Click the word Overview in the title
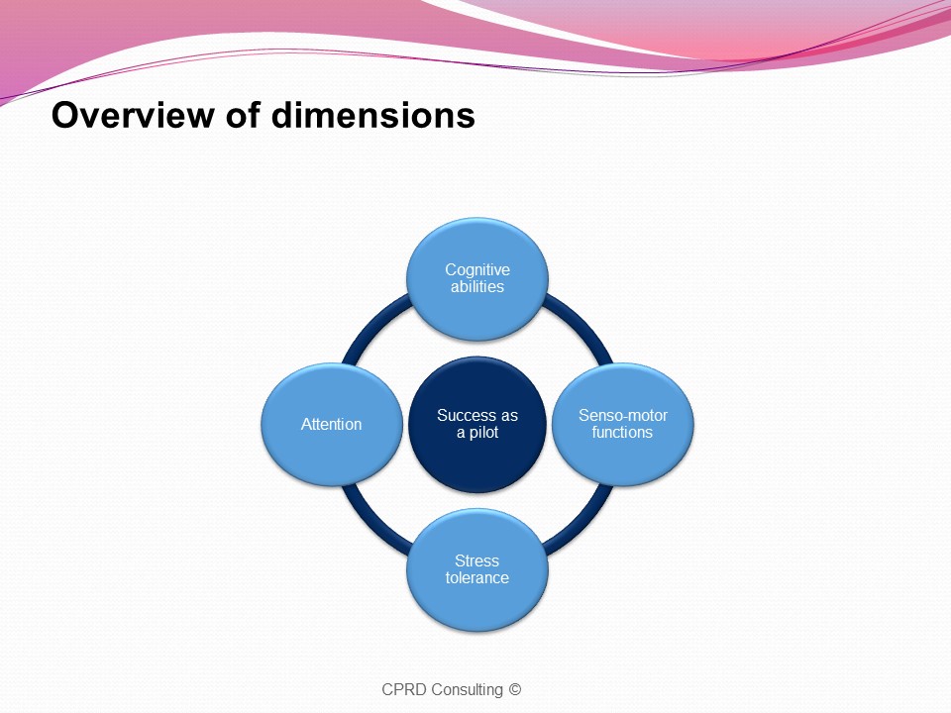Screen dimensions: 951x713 [x=133, y=114]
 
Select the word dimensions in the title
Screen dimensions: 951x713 [x=373, y=114]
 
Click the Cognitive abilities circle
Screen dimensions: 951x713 [x=477, y=279]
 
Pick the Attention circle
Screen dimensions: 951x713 [x=332, y=425]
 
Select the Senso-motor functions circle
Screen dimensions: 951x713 [x=623, y=425]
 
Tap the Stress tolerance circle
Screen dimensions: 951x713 [x=477, y=570]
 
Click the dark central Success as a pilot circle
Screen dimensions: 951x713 [x=477, y=425]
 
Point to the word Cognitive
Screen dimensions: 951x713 [x=477, y=269]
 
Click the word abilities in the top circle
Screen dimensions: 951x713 [x=477, y=287]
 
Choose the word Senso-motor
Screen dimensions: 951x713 [x=623, y=415]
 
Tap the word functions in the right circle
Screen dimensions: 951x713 [x=622, y=433]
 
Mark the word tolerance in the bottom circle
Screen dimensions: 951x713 [x=477, y=577]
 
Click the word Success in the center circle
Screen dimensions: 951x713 [x=464, y=415]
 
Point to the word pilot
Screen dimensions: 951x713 [x=483, y=433]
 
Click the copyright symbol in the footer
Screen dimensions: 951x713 [x=514, y=689]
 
